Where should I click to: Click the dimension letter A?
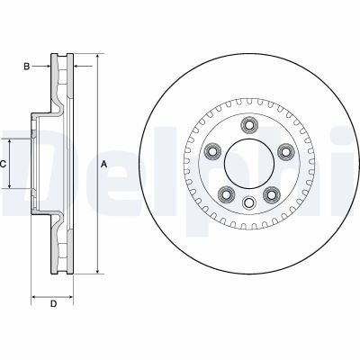pyautogui.click(x=103, y=164)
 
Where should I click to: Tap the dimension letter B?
pyautogui.click(x=28, y=67)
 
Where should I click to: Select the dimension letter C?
pyautogui.click(x=4, y=164)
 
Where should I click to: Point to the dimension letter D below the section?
pyautogui.click(x=53, y=302)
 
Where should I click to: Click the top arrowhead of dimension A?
pyautogui.click(x=94, y=56)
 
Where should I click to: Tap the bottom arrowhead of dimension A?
pyautogui.click(x=94, y=271)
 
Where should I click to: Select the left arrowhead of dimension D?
pyautogui.click(x=34, y=294)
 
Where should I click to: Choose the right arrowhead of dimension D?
pyautogui.click(x=71, y=294)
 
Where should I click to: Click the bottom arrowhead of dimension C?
pyautogui.click(x=12, y=185)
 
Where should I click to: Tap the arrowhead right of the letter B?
pyautogui.click(x=49, y=67)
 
